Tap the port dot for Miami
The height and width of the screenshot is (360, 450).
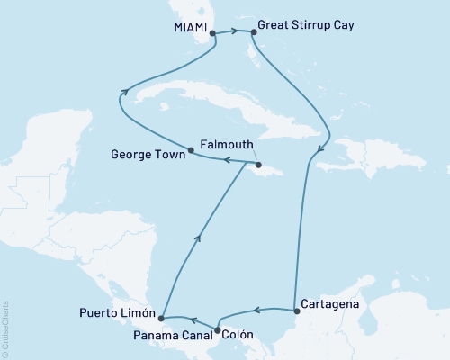pyautogui.click(x=212, y=33)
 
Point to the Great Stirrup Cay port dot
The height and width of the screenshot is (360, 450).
pyautogui.click(x=254, y=33)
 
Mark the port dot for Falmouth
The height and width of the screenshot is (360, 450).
pyautogui.click(x=258, y=165)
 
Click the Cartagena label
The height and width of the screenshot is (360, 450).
pyautogui.click(x=330, y=304)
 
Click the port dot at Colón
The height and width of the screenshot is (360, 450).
pyautogui.click(x=217, y=330)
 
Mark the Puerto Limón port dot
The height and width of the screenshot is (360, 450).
pyautogui.click(x=160, y=318)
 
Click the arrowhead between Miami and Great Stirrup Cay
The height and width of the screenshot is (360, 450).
pyautogui.click(x=234, y=31)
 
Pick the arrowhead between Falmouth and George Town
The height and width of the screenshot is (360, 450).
pyautogui.click(x=226, y=160)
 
